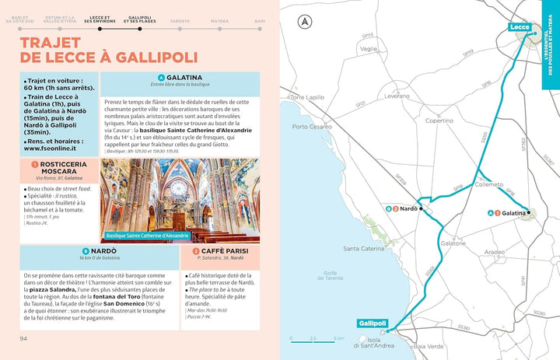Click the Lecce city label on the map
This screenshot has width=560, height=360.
(520, 28)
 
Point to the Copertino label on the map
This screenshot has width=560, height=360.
(439, 121)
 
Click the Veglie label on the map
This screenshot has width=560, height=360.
(369, 47)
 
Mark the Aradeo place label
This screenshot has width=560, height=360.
(495, 253)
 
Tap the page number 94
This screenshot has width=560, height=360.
(25, 338)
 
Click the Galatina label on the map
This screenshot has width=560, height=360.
(514, 213)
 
